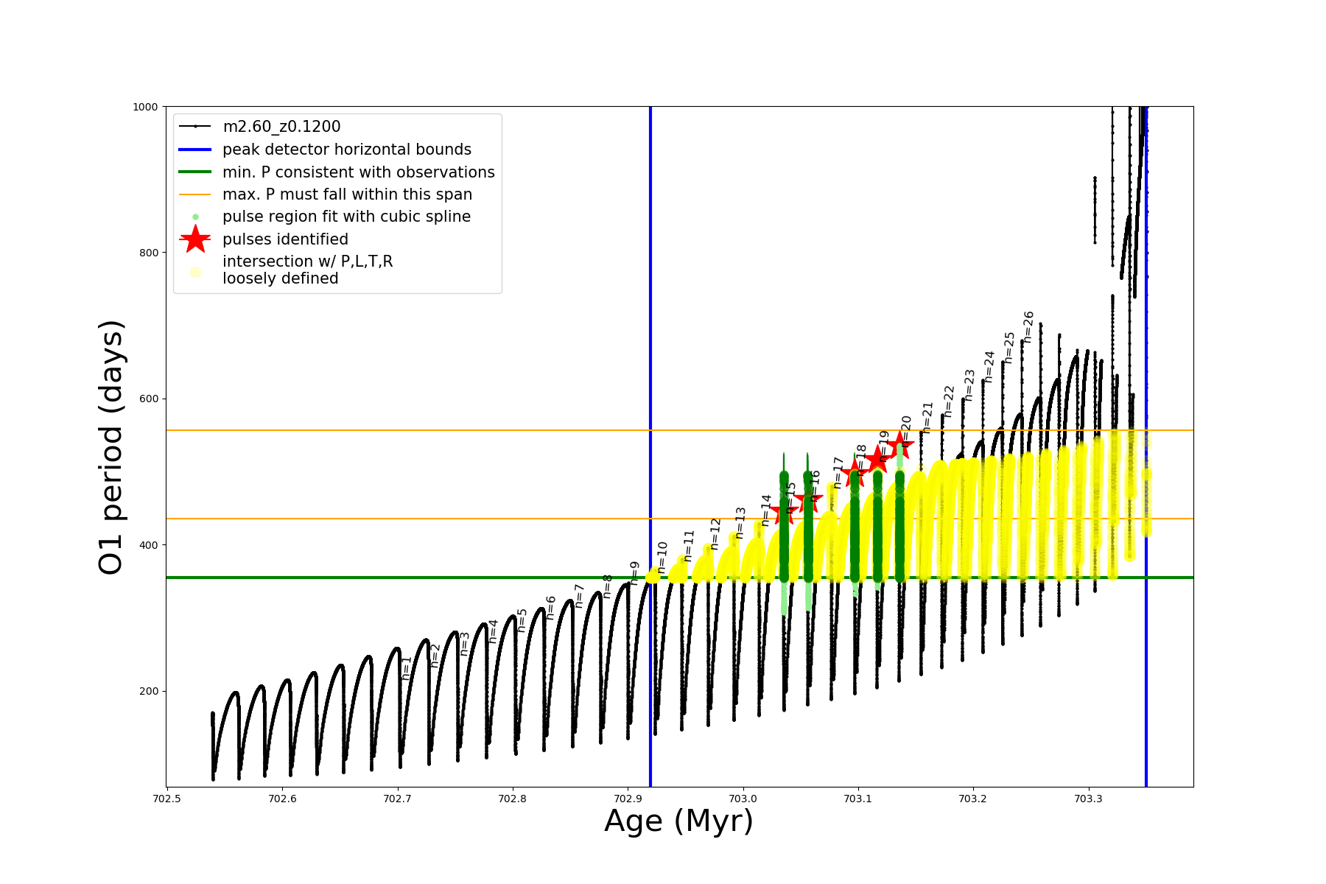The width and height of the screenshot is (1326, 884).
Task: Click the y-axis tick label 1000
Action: coord(145,107)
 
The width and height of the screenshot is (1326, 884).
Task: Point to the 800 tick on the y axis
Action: coord(149,253)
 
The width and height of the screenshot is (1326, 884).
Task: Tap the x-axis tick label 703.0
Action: coord(743,799)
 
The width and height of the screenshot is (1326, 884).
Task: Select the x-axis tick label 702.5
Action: coord(167,799)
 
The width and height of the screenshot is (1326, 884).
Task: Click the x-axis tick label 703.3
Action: coord(1088,799)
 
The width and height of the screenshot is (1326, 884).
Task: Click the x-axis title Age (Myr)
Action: coord(678,821)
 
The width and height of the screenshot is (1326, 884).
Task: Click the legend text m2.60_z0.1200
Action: coord(281,127)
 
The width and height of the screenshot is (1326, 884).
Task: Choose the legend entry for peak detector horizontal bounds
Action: coord(346,150)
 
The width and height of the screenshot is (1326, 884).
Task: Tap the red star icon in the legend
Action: coord(195,239)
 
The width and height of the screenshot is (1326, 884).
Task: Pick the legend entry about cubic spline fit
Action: coord(346,217)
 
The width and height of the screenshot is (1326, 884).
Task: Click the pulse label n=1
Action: coord(407,667)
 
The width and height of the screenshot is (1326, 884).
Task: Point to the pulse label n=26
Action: coord(1029,327)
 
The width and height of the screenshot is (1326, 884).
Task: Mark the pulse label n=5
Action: coord(522,620)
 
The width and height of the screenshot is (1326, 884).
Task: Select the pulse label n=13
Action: coord(740,522)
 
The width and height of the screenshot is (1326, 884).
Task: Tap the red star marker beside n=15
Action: coord(784,511)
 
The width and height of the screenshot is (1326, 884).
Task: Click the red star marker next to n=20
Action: coord(899,446)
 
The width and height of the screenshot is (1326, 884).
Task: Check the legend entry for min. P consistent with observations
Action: coord(358,172)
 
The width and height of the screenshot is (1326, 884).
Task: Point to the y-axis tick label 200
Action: coord(149,691)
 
